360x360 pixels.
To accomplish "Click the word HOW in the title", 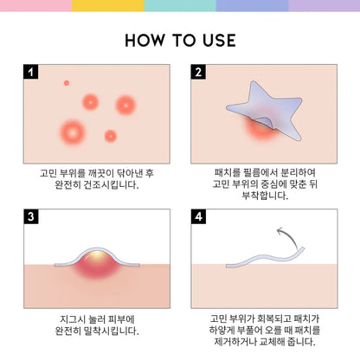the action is coord(145,40).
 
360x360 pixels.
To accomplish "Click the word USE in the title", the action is coord(219,40).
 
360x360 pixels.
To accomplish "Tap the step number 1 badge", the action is coord(31,72).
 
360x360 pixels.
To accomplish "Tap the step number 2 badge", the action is coord(198,72).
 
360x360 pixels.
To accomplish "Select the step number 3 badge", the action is coord(31,216).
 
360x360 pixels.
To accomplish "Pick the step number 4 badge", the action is coord(198,216).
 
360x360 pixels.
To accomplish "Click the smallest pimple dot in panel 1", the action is coord(67,83).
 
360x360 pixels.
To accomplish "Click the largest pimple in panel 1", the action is coord(73,132).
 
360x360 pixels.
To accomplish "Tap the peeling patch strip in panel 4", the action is coord(264,257).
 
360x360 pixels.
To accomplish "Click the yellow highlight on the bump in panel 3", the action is coord(98,254).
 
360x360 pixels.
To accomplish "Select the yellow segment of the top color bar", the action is coord(108,6).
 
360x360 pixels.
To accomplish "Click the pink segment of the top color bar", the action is coord(35,6).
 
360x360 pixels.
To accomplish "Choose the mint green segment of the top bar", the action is coord(180,6).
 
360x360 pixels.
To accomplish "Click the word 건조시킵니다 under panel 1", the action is coord(111,185).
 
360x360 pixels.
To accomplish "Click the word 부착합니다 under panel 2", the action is coord(265,196).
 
